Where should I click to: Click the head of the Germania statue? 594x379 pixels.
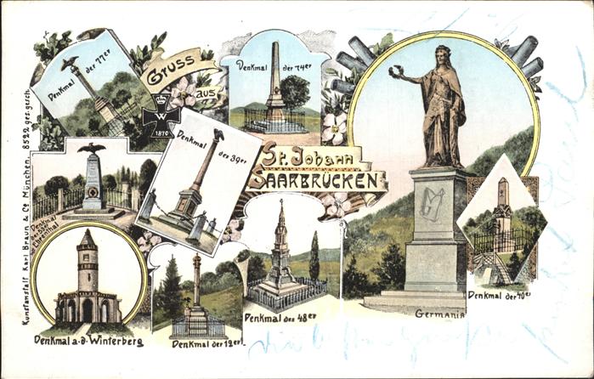(442, 55)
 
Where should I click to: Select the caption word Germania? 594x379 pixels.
(439, 314)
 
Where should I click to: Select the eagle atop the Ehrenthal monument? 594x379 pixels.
(92, 150)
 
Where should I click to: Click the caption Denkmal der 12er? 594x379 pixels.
(207, 343)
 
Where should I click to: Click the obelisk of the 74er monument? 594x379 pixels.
(274, 81)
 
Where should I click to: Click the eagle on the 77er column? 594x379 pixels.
(71, 62)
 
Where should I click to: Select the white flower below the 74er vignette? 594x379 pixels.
(334, 127)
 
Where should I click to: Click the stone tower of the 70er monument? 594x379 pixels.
(502, 206)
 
